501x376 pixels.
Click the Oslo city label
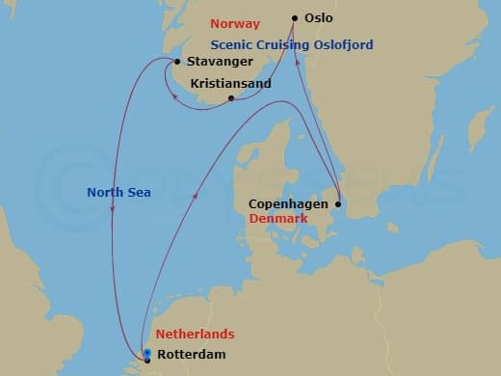(321, 18)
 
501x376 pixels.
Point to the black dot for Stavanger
(176, 61)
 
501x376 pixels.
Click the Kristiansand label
(231, 84)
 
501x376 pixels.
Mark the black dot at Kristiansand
(230, 97)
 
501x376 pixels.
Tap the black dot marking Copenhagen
(338, 203)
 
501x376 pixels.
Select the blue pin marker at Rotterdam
(146, 354)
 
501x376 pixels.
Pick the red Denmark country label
(278, 219)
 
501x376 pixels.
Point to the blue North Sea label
(119, 192)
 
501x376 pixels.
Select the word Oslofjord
(338, 45)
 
